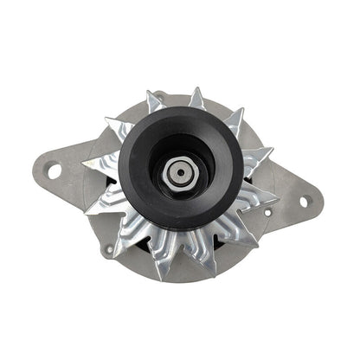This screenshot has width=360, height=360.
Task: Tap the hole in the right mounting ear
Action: [304, 202]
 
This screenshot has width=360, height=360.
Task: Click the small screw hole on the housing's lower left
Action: [110, 251]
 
